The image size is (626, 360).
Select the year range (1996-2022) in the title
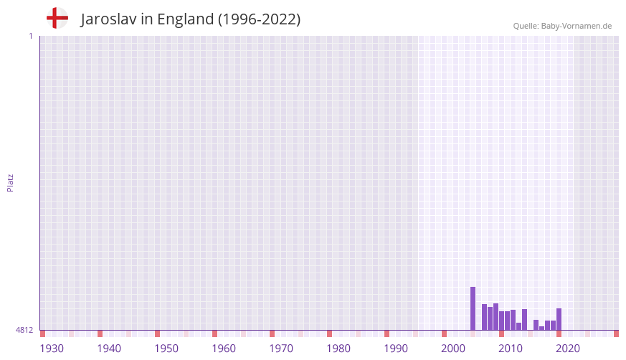tap(259, 19)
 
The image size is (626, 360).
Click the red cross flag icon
tap(57, 19)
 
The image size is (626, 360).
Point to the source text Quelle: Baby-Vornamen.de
tap(562, 26)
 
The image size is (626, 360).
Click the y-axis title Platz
tap(10, 182)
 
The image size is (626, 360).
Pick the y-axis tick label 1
tap(30, 36)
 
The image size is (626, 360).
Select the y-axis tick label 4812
tap(24, 330)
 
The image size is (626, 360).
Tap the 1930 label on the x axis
tap(52, 349)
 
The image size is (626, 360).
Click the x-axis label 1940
tap(109, 349)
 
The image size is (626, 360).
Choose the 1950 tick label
tap(166, 349)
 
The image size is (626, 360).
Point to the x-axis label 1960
tap(224, 349)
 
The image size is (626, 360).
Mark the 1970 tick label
tap(281, 349)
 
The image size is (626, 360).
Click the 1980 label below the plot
tap(338, 349)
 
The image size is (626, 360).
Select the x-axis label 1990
tap(396, 349)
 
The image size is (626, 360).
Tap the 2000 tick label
tap(453, 349)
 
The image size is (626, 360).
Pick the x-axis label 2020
tap(568, 349)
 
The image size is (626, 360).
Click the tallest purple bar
tap(473, 308)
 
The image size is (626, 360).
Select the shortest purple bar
tap(542, 328)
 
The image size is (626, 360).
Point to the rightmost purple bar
tap(559, 319)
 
